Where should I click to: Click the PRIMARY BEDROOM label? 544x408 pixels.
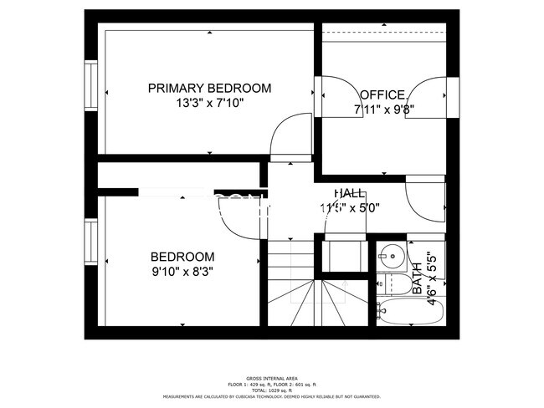[209, 88]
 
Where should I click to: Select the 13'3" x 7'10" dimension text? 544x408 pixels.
[209, 104]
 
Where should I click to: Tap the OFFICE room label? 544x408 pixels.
[383, 94]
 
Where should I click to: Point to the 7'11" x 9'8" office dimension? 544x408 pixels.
[384, 109]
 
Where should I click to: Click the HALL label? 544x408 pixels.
[348, 193]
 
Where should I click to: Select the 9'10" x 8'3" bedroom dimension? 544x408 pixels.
[182, 271]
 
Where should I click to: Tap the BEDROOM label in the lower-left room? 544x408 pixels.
[182, 257]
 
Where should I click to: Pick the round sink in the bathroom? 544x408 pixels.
[389, 253]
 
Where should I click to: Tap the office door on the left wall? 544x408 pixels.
[335, 96]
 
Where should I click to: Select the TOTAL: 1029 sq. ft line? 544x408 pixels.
[272, 390]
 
